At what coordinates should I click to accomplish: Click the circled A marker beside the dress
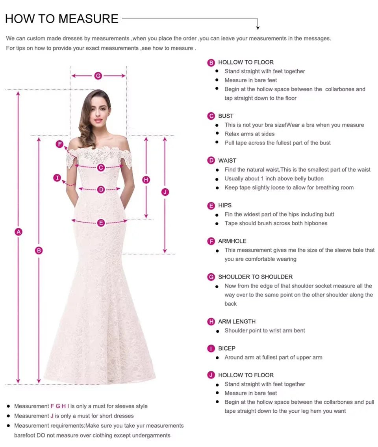18,232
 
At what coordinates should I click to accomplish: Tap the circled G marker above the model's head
98,76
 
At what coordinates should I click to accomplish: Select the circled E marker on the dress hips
101,223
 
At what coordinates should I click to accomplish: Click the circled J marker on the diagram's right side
165,192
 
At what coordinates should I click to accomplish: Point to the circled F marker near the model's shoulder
59,144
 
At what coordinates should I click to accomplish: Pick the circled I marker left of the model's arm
57,178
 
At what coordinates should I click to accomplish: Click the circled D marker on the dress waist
101,189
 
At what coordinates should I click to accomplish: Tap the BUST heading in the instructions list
226,116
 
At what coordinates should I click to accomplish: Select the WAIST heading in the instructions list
227,161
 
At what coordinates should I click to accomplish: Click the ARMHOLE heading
232,241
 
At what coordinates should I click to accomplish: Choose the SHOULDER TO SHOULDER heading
255,277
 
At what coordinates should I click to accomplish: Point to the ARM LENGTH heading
237,321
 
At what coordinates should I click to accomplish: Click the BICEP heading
227,348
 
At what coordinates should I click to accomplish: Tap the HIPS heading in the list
225,205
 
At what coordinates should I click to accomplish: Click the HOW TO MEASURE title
62,19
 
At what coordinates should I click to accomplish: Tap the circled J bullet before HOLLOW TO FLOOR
211,375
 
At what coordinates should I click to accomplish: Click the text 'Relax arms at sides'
249,134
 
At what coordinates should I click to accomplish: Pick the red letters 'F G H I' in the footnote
60,406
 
